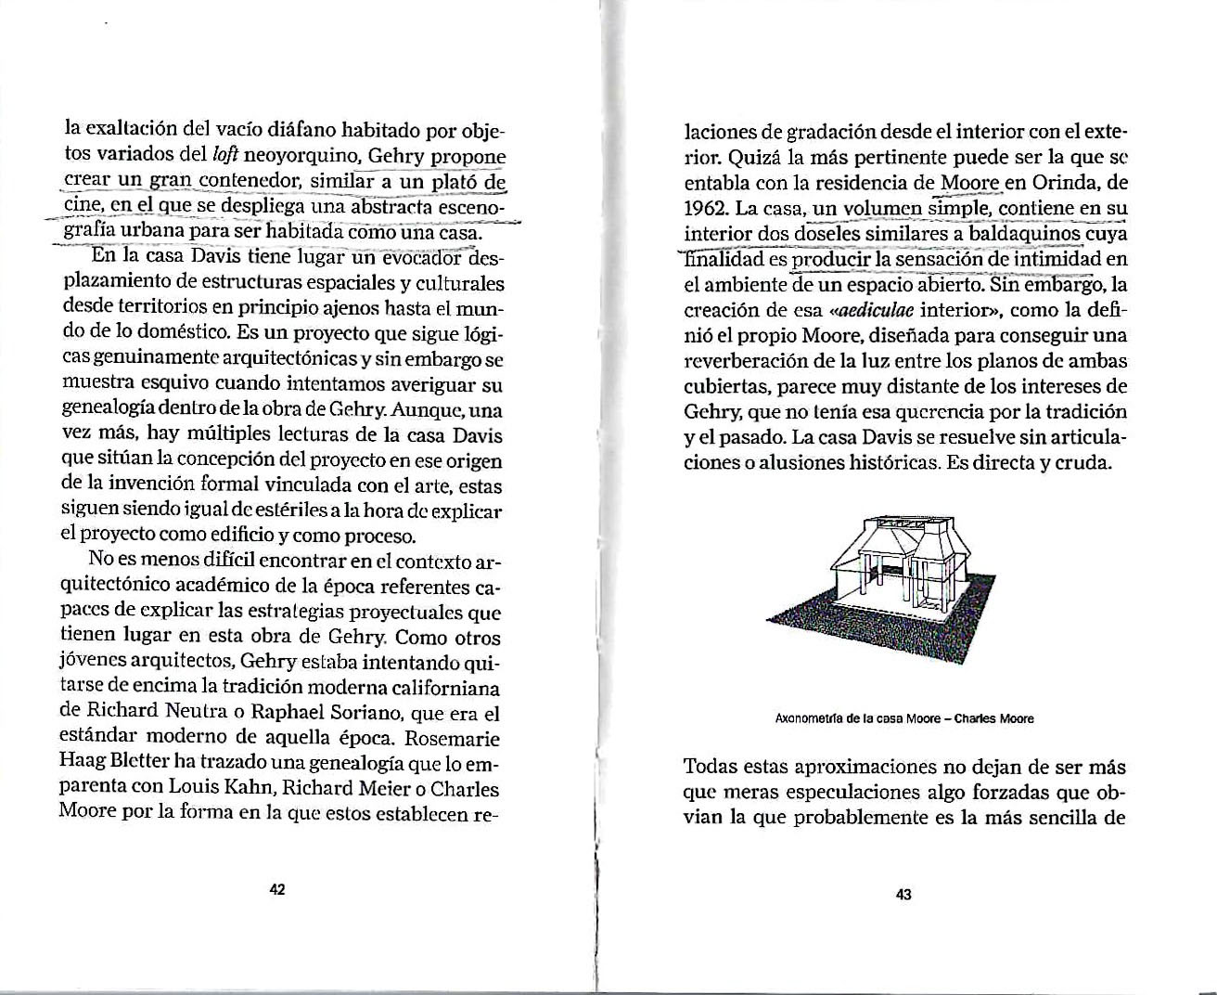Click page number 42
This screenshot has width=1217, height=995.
[276, 889]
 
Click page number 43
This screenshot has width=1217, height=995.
[903, 895]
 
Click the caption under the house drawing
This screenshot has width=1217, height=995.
[903, 718]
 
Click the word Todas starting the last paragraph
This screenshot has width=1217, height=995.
[711, 768]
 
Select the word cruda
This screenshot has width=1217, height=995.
[1084, 462]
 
